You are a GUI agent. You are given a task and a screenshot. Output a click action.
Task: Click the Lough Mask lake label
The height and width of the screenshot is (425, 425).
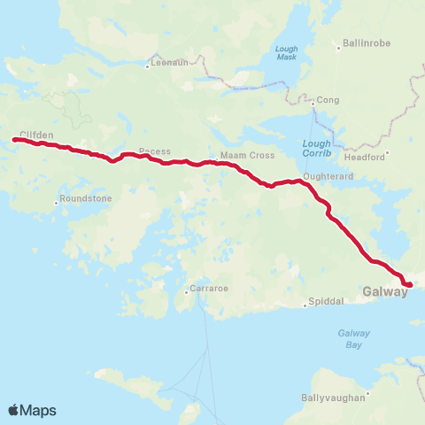[x=287, y=52]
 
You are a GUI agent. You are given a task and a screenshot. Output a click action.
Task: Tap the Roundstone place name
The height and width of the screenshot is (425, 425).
[x=87, y=199]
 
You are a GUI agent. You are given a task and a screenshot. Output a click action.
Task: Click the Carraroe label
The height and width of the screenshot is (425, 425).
[x=205, y=290]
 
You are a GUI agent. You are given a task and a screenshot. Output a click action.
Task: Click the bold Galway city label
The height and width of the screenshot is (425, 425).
[x=385, y=290]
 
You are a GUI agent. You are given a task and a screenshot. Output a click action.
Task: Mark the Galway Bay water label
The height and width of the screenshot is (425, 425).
[x=353, y=337]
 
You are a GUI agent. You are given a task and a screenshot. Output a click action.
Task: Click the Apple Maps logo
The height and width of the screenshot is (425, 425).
[x=32, y=410]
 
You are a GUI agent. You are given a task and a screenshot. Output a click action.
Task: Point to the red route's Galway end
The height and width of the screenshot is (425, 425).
[x=409, y=284]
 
